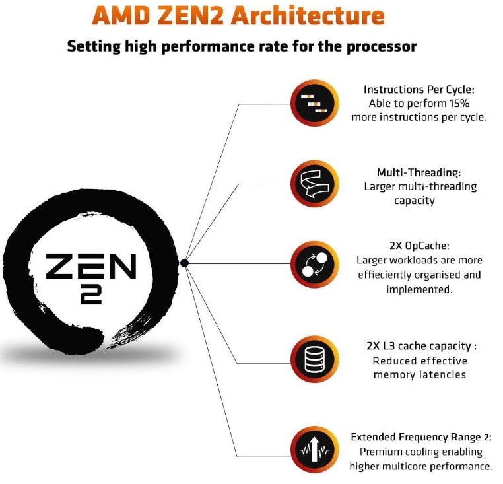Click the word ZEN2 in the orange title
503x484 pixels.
190,16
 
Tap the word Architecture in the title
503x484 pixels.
308,16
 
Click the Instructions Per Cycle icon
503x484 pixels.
315,103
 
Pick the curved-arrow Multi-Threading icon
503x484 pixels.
315,184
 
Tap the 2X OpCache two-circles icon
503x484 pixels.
315,264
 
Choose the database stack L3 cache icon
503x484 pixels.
315,359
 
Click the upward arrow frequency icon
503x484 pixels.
315,450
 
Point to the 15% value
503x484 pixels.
459,104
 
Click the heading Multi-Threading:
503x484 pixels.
419,172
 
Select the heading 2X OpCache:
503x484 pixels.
420,246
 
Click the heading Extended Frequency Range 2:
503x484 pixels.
421,437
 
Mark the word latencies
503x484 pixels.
446,374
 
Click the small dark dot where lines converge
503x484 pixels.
184,263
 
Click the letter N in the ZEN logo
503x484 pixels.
121,266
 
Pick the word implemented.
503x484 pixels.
419,289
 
